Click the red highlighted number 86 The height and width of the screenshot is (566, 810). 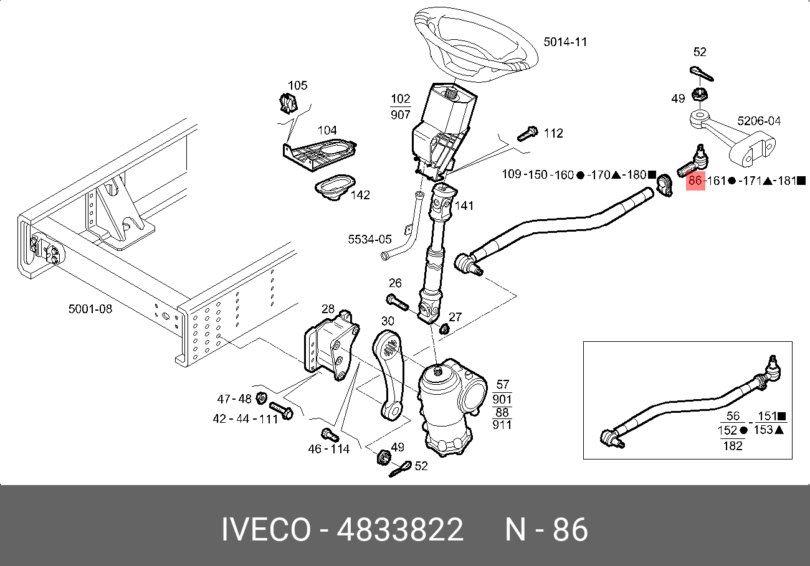[695, 181]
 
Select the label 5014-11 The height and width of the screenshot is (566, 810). [565, 42]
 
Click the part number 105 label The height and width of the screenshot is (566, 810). [297, 85]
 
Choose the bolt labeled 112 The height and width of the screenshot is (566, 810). [527, 133]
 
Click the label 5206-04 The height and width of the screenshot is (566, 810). [758, 121]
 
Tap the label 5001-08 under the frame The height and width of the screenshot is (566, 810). [90, 308]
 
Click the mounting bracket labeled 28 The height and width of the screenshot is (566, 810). [331, 349]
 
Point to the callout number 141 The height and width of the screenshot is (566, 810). [464, 206]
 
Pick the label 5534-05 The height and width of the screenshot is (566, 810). [369, 239]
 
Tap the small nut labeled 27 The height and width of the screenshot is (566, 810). [444, 328]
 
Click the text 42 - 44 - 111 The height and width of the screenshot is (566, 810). [245, 419]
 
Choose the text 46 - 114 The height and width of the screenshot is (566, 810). [329, 449]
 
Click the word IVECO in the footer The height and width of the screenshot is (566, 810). [266, 530]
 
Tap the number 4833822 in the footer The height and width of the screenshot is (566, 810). [400, 530]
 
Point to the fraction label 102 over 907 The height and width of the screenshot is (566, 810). [400, 106]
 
